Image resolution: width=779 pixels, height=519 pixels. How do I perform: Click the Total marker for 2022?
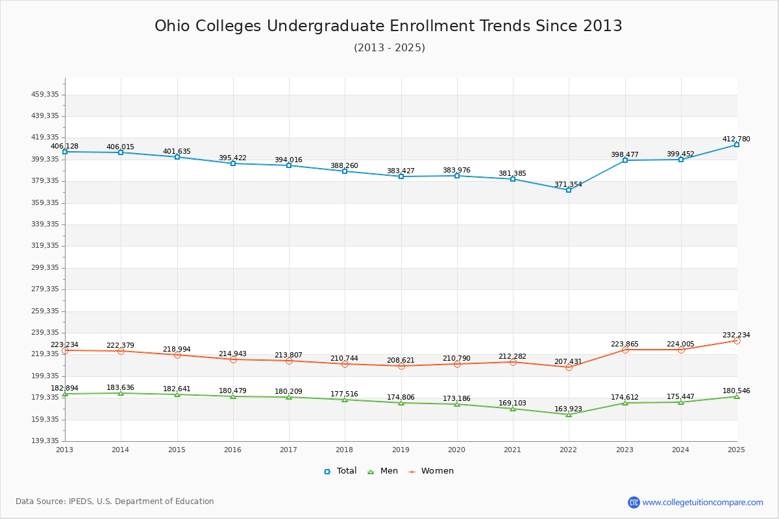[569, 190]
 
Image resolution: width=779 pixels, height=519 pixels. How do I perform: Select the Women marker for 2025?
[737, 341]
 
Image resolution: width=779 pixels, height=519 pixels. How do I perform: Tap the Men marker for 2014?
[121, 393]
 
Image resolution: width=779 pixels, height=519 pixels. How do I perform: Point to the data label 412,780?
[736, 139]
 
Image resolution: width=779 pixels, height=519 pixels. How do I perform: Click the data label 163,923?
[568, 409]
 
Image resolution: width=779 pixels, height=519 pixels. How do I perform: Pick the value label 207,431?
[568, 361]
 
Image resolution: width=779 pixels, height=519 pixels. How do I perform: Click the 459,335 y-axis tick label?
[45, 95]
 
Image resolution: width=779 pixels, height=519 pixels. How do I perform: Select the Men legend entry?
[382, 471]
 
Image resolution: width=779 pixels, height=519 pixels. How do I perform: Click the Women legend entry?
[431, 471]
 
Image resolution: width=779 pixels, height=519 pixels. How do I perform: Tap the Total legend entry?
[340, 471]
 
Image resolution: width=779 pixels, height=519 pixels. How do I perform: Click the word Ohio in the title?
[172, 26]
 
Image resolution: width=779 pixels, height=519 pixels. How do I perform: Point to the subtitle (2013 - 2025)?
[389, 47]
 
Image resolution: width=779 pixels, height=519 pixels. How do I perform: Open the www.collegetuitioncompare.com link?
[702, 502]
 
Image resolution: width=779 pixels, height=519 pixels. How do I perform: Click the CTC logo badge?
[634, 502]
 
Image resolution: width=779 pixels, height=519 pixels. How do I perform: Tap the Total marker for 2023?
[625, 160]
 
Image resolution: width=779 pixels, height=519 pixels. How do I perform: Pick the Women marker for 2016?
[233, 359]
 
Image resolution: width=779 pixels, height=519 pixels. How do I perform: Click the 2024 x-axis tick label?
[680, 450]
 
